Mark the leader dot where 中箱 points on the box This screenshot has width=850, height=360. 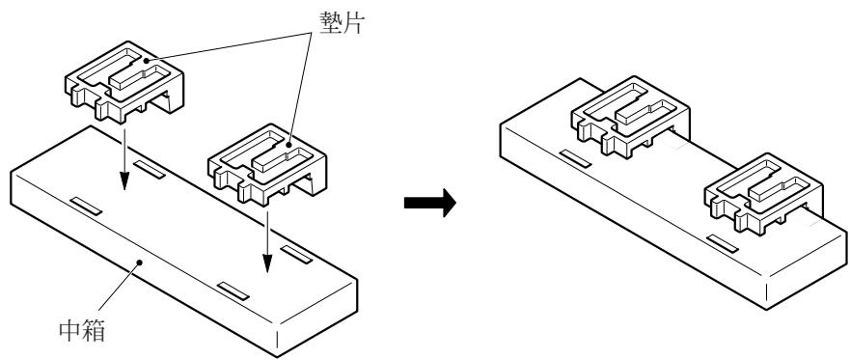click(140, 260)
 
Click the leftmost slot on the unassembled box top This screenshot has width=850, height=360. click(84, 206)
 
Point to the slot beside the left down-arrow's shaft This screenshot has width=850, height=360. click(148, 169)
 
